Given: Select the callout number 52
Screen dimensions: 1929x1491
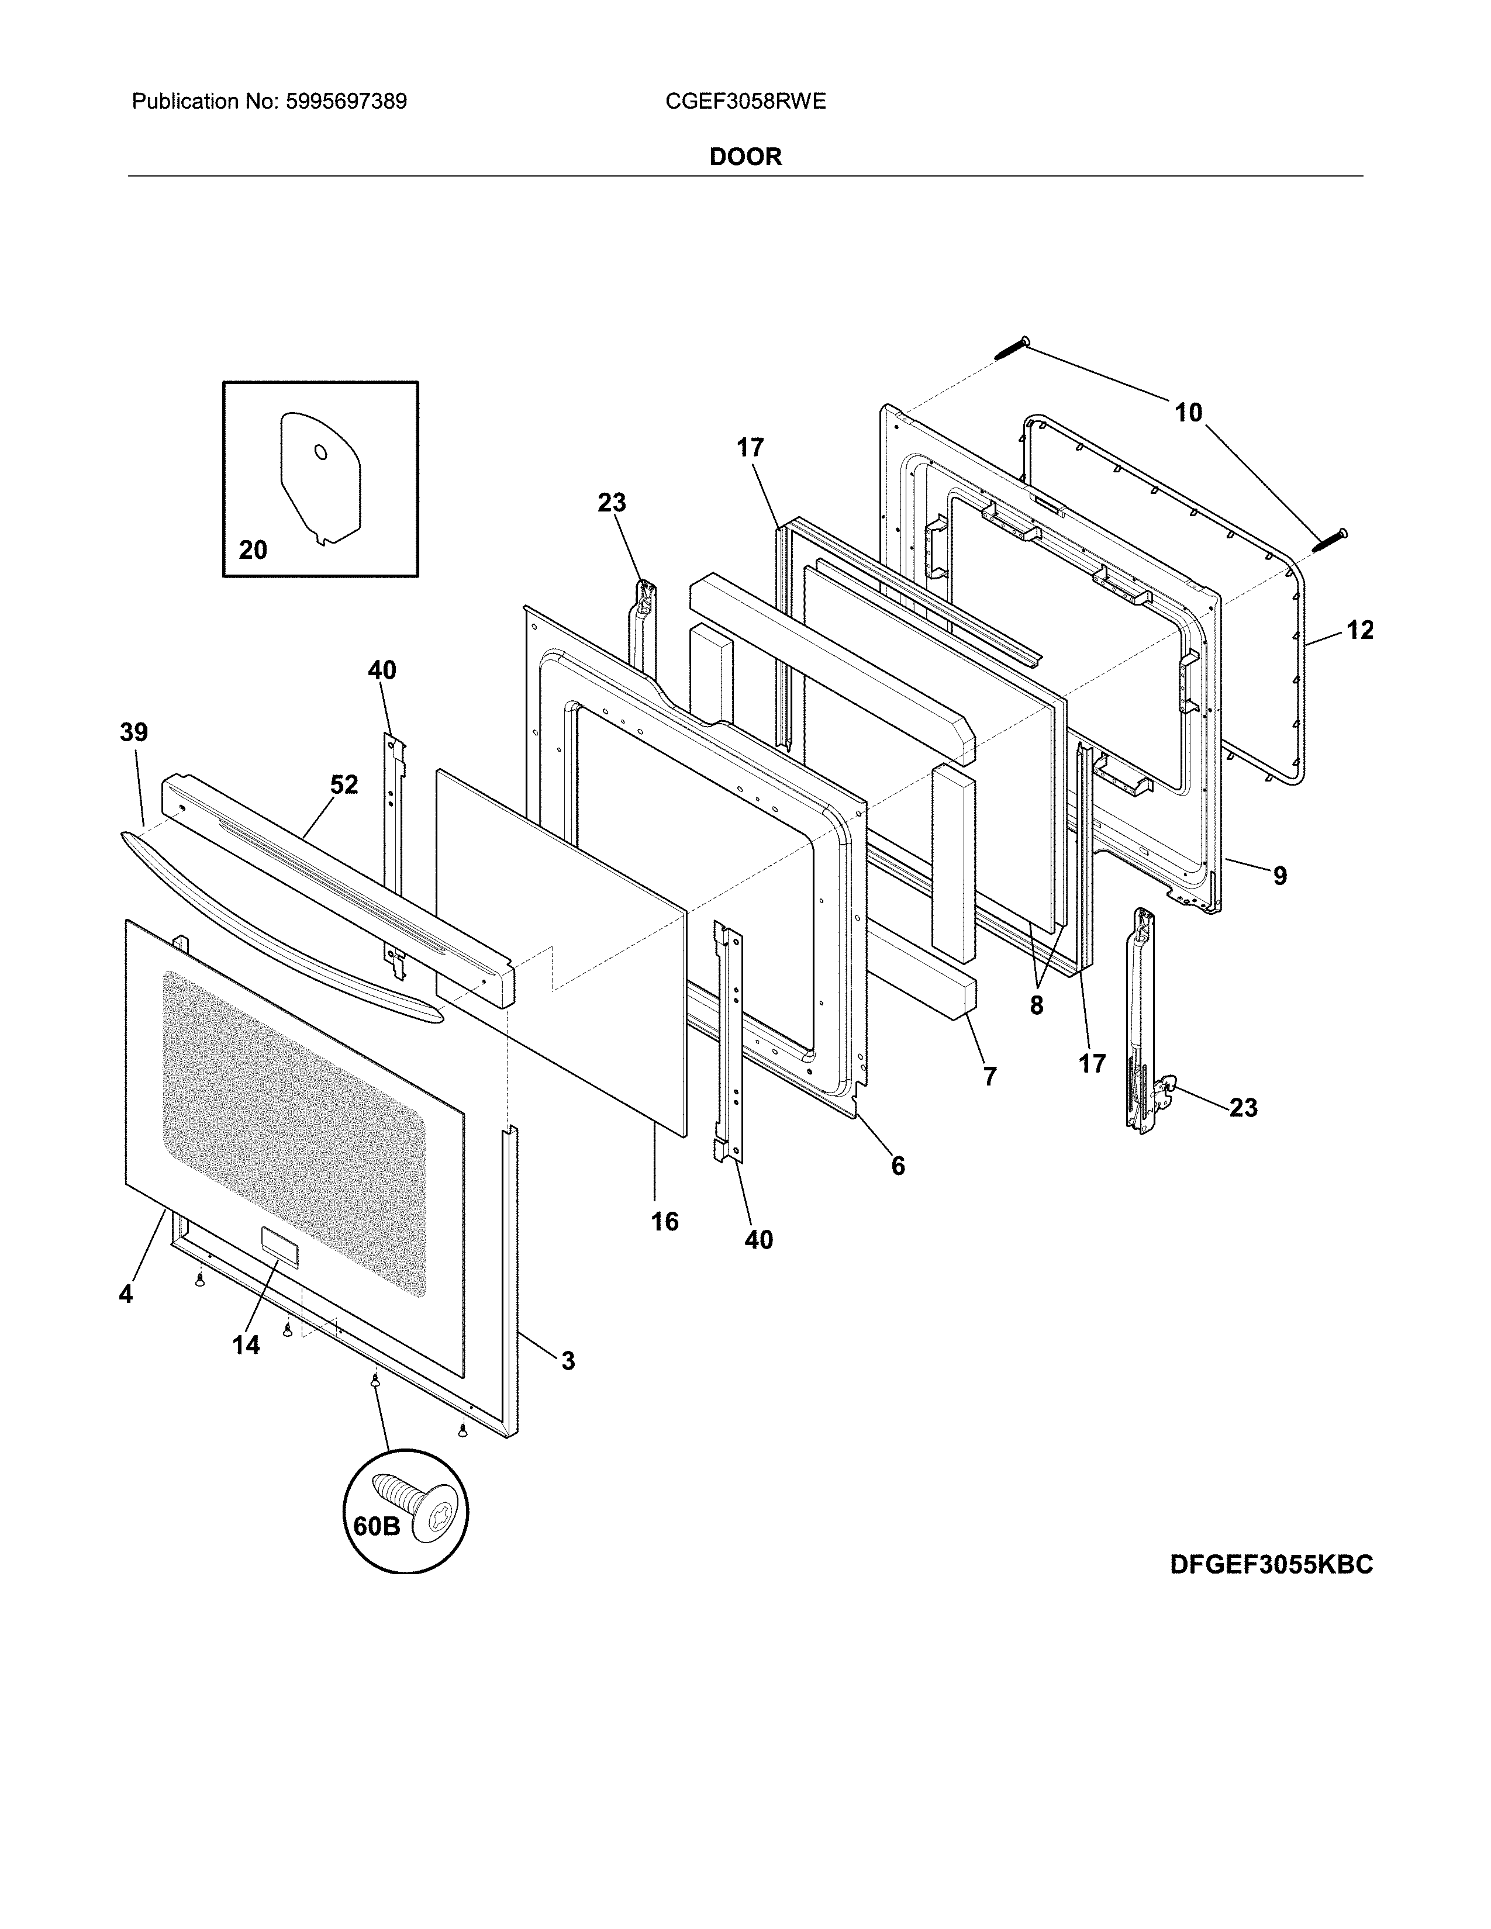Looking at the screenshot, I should (344, 784).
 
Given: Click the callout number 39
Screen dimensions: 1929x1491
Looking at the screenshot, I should (134, 732).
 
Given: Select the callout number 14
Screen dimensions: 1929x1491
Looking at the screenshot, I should (246, 1344).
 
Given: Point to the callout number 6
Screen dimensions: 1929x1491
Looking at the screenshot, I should (898, 1166).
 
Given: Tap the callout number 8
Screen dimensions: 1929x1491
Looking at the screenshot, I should (1036, 1005).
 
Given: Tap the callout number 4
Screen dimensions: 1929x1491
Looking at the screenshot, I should (126, 1294).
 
